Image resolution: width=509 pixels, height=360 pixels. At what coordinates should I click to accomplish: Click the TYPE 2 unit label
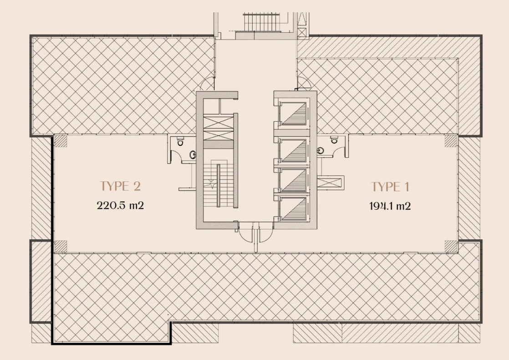click(x=120, y=186)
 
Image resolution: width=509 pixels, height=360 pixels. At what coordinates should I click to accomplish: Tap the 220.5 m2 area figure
click(x=120, y=206)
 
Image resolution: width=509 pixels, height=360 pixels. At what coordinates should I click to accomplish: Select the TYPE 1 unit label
click(x=390, y=187)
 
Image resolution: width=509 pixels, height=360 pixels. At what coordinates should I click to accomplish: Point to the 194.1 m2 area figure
click(x=390, y=206)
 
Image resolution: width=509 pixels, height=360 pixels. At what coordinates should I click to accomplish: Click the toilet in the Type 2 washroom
click(x=180, y=142)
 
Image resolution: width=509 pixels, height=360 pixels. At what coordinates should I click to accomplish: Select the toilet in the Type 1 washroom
click(x=334, y=140)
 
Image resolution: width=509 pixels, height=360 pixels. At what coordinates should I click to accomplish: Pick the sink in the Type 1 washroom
click(x=321, y=150)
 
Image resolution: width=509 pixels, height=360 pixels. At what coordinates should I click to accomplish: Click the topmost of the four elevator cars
click(x=294, y=113)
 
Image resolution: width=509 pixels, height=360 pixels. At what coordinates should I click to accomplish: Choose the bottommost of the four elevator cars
click(x=294, y=208)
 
